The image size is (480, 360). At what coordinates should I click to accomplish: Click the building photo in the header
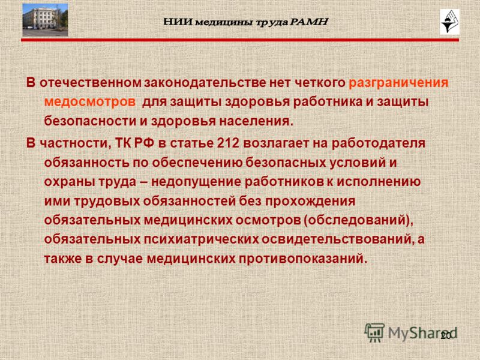pos(46,20)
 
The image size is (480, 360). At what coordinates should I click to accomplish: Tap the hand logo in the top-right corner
pos(449,22)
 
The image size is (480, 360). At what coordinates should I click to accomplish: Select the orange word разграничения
pos(398,83)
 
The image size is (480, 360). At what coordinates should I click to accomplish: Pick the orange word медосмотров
pos(89,102)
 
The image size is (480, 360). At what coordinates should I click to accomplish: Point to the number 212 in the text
pos(228,143)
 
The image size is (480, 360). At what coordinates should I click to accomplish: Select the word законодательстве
pos(205,83)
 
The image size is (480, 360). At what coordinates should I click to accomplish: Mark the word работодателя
pos(379,143)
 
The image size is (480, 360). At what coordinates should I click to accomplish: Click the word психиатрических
pos(202,239)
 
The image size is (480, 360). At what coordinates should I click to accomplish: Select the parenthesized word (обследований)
pos(358,220)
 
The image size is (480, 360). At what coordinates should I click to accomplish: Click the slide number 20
pos(446,336)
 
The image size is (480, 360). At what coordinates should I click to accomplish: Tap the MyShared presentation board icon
pos(374,332)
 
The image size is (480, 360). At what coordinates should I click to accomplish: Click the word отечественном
pos(91,83)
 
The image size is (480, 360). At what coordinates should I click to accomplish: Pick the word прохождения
pos(310,202)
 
